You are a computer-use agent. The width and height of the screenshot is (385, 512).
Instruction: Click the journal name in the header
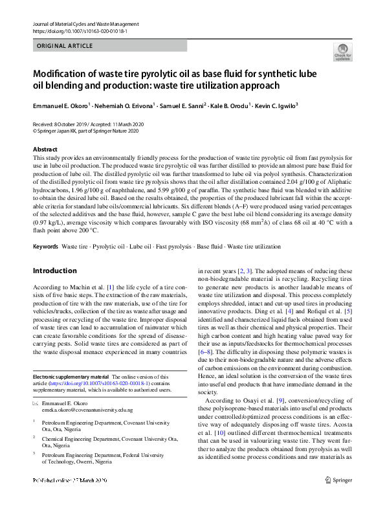coord(85,24)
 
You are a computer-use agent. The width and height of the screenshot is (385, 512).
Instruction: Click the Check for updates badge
coord(342,52)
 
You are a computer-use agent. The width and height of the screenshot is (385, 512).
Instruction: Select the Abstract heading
coord(45,150)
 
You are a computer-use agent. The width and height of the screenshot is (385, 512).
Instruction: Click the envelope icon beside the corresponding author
coord(36,403)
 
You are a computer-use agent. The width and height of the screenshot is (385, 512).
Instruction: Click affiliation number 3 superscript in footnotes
coord(34,453)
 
